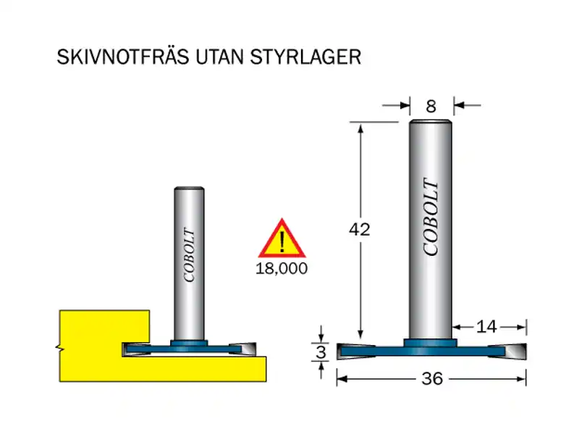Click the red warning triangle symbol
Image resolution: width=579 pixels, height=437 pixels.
tap(282, 239)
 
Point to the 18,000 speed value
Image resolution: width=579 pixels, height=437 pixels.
tap(282, 268)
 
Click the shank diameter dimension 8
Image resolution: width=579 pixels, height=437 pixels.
tap(431, 107)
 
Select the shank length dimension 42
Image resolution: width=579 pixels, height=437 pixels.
tap(359, 230)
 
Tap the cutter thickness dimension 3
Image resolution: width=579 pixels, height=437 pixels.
tap(322, 352)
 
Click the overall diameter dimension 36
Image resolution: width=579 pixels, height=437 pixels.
tap(431, 379)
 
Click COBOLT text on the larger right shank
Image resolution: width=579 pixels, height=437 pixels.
tap(431, 217)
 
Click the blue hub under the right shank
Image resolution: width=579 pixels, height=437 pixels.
tap(431, 341)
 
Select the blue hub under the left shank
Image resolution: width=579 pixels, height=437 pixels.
tap(189, 341)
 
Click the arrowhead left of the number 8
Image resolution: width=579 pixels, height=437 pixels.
tap(405, 107)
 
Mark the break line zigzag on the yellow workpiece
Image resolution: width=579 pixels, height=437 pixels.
tap(59, 349)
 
